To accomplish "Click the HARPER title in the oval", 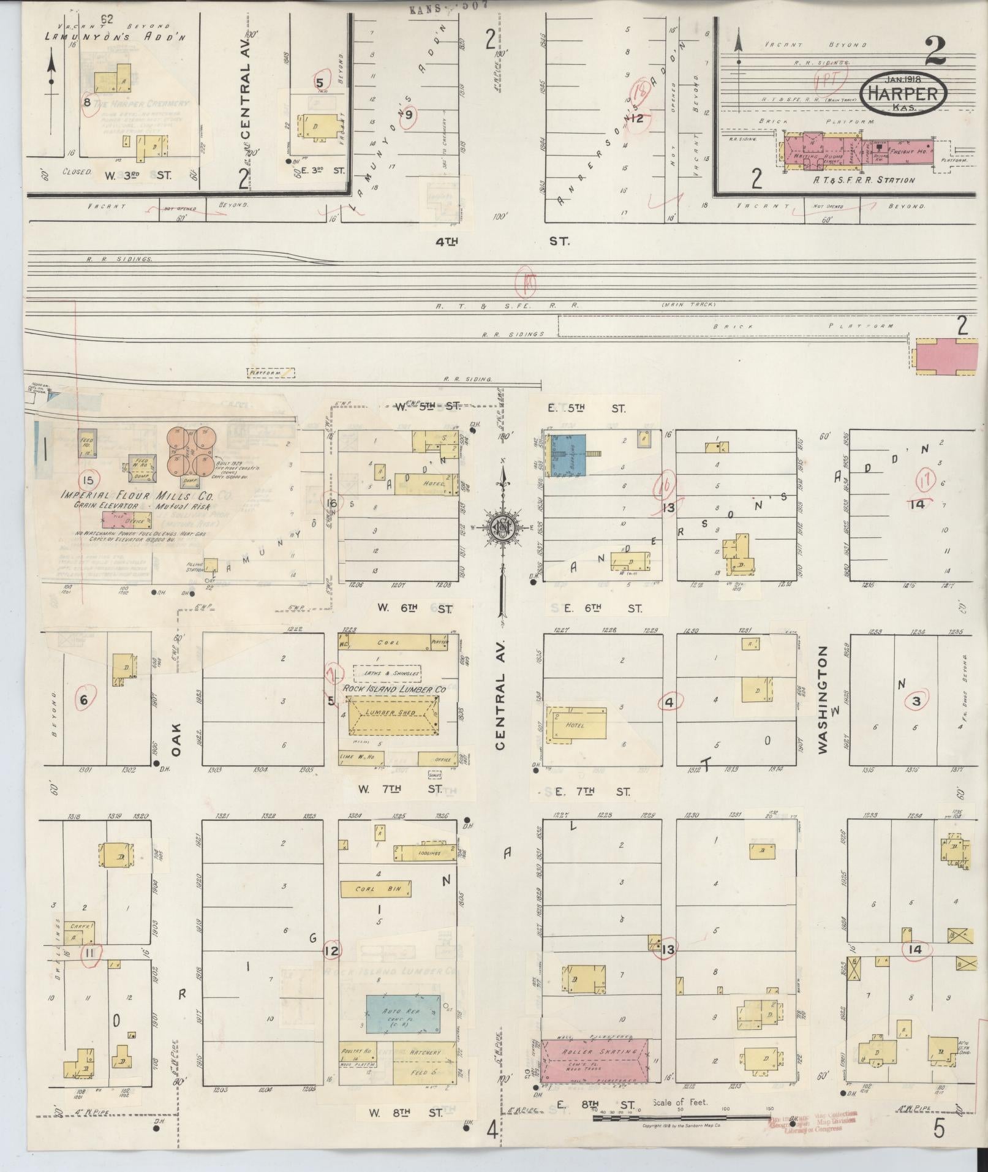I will coord(903,93).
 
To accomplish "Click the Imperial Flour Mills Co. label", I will coord(136,495).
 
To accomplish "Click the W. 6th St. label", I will coord(414,608).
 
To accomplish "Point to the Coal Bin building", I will coord(375,889).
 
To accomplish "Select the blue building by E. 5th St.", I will coord(567,455).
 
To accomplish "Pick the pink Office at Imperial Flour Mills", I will coord(126,520).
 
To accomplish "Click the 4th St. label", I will coord(500,241).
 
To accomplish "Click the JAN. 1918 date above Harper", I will coord(903,78).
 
